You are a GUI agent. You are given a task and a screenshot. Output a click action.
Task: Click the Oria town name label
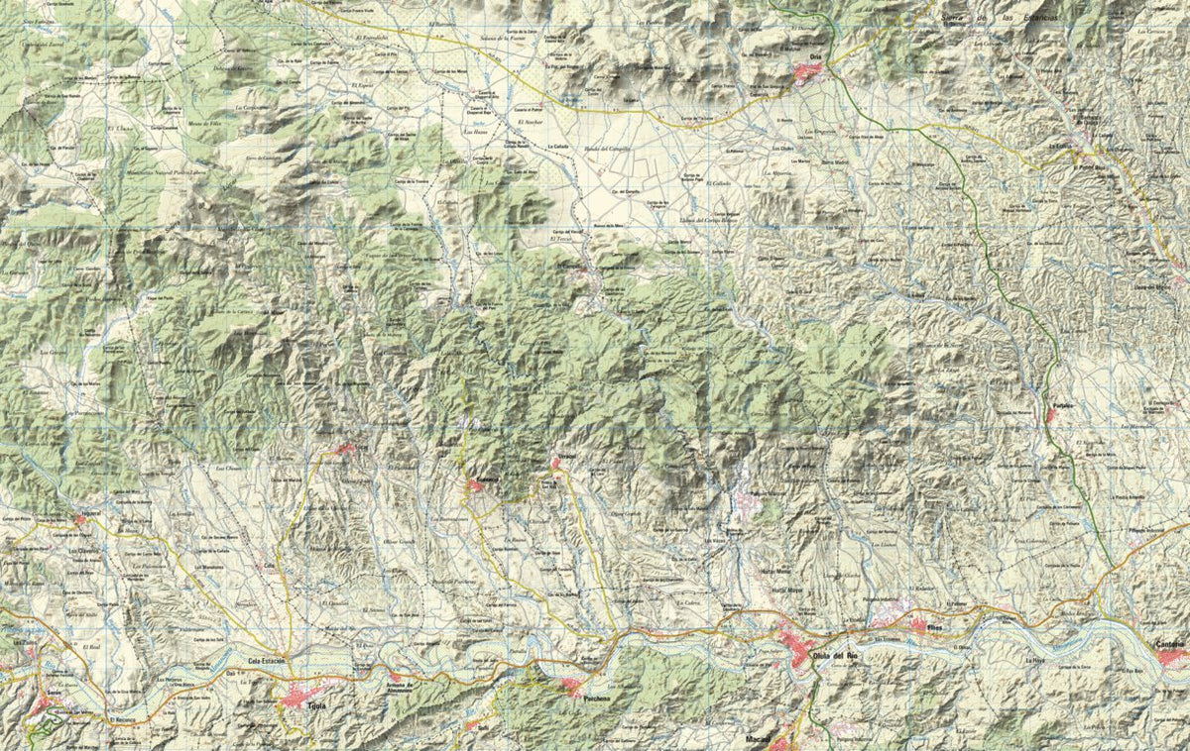[815, 57]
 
